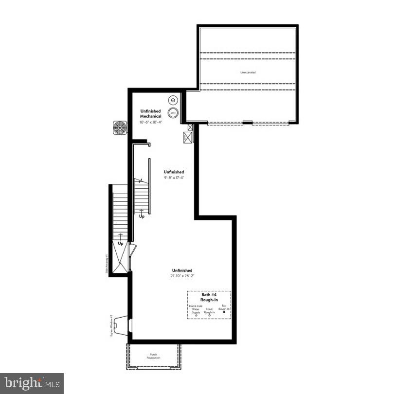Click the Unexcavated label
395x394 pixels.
[x=248, y=72]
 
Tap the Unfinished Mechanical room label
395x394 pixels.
[x=151, y=114]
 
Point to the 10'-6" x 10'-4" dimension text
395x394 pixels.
[x=151, y=122]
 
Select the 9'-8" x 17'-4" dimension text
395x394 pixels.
[x=174, y=178]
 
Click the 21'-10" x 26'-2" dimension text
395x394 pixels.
[x=182, y=276]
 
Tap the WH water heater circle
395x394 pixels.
[x=173, y=113]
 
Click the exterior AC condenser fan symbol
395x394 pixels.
[x=120, y=128]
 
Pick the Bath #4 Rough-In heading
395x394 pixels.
[x=209, y=297]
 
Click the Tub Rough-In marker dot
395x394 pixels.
[x=224, y=312]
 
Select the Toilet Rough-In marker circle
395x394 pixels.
[x=209, y=315]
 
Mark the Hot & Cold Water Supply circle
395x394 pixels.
[x=196, y=315]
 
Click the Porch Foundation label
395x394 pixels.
[x=154, y=357]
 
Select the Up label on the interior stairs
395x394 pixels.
[x=142, y=215]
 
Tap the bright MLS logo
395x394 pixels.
[x=32, y=383]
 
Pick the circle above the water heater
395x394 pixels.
[x=173, y=101]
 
